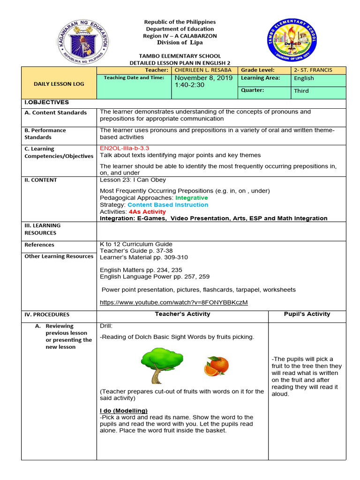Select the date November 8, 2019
(203, 78)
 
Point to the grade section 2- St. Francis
(313, 70)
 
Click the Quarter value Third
(301, 91)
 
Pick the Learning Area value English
(304, 78)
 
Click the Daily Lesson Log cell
(59, 84)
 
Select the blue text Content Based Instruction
(168, 205)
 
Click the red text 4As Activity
(147, 212)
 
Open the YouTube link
(174, 302)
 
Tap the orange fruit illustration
(216, 366)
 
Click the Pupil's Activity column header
(307, 314)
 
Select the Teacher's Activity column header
(182, 314)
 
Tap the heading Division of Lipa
(180, 43)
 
